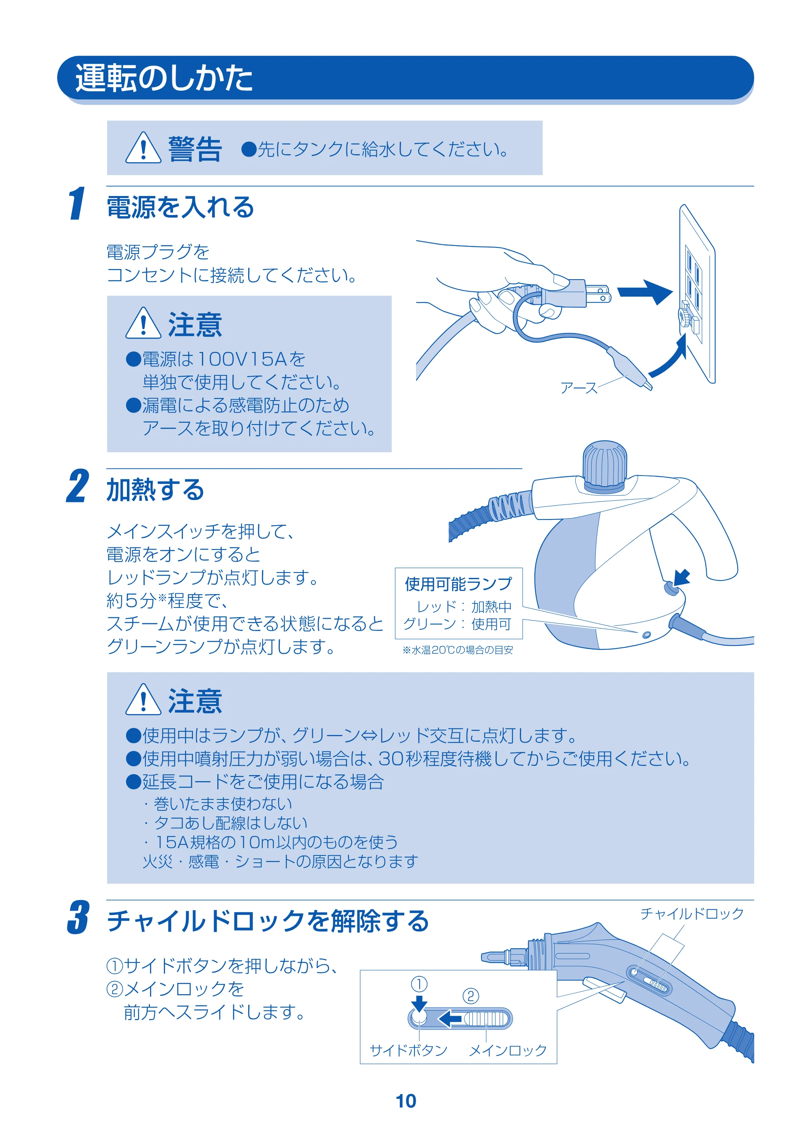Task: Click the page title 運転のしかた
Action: click(164, 78)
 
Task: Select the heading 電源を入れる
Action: click(180, 207)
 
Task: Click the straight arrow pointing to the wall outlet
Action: click(645, 291)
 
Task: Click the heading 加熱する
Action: click(155, 489)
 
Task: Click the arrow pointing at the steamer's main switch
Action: click(682, 577)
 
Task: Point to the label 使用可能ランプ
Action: click(458, 584)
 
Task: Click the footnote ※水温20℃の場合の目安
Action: click(458, 650)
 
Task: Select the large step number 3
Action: click(78, 917)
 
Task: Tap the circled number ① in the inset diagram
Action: click(419, 984)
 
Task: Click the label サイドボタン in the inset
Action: click(408, 1050)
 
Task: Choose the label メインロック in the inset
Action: click(508, 1050)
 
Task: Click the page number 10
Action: click(406, 1101)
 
